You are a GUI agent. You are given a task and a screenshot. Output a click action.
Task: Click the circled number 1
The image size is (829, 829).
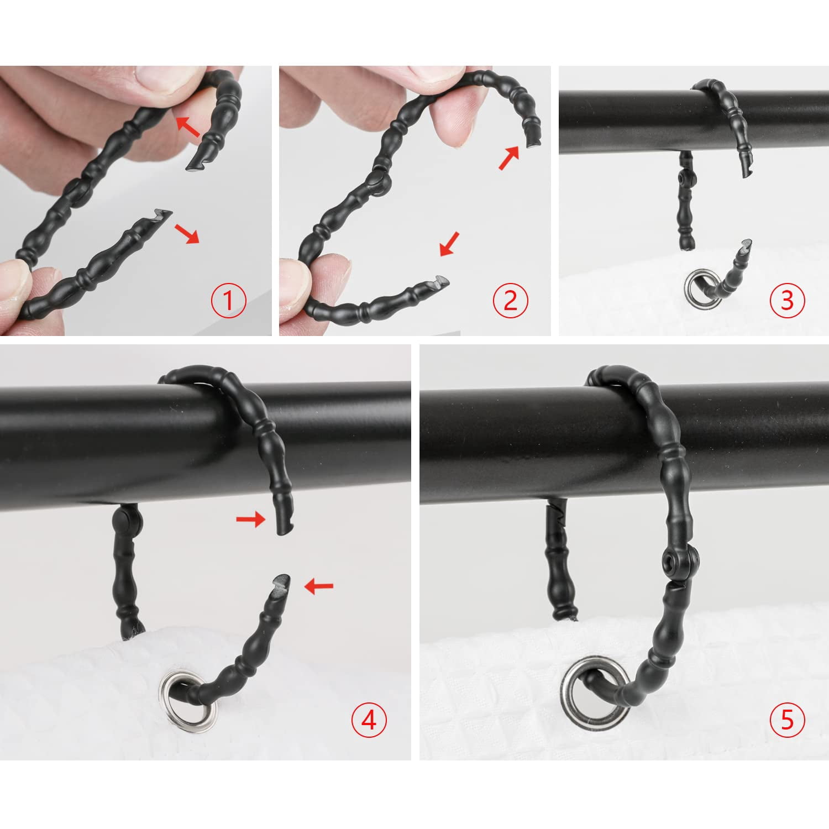pos(228,301)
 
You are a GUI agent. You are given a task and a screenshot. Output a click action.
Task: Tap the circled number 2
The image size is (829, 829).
pos(510,300)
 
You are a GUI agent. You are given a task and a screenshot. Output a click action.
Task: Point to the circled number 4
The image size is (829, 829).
pos(369,720)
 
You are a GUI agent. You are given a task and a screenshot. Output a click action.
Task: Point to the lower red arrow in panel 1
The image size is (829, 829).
pos(187,234)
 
